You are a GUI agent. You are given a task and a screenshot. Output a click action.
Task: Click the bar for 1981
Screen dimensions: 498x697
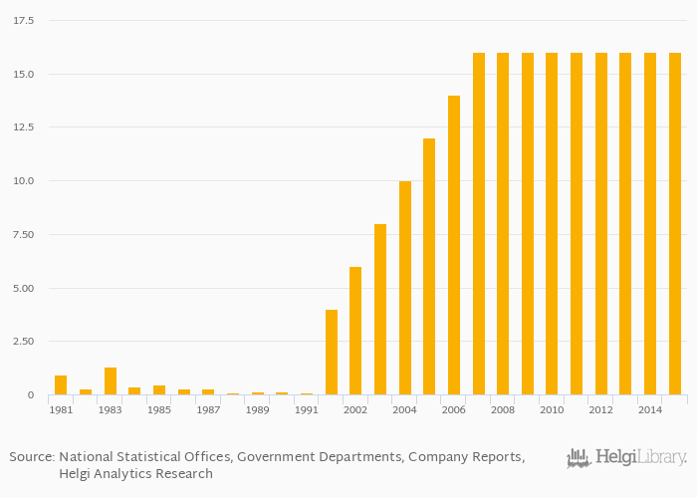tap(61, 385)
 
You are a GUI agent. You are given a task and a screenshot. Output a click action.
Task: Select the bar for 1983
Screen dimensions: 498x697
tap(111, 381)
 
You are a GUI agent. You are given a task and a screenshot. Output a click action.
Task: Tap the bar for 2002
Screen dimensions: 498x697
tap(355, 331)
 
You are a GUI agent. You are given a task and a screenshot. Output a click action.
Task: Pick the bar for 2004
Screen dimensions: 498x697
tap(405, 288)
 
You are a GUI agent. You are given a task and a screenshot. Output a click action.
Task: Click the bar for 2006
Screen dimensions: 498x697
tap(454, 245)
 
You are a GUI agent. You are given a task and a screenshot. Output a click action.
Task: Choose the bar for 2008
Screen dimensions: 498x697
tap(503, 224)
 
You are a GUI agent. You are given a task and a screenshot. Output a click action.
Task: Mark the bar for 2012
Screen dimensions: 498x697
tap(601, 224)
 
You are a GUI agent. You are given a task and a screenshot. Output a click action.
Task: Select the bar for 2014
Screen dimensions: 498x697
tap(650, 224)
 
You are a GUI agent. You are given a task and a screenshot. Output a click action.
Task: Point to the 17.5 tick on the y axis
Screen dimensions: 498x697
tap(24, 20)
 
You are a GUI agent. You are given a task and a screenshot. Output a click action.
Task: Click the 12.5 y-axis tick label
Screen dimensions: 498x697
tap(24, 126)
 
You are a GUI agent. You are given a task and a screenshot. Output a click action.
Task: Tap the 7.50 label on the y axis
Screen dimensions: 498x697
tap(24, 234)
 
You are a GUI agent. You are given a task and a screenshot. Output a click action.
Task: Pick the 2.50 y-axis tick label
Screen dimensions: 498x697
tap(24, 342)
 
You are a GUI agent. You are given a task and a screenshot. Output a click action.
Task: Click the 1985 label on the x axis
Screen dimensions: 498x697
tap(159, 409)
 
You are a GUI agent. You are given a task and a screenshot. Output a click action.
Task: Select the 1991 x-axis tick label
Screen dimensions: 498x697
tap(307, 409)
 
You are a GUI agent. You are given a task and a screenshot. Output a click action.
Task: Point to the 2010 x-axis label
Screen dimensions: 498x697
tap(552, 409)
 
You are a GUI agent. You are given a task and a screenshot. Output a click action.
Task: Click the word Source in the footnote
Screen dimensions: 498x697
tap(30, 457)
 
